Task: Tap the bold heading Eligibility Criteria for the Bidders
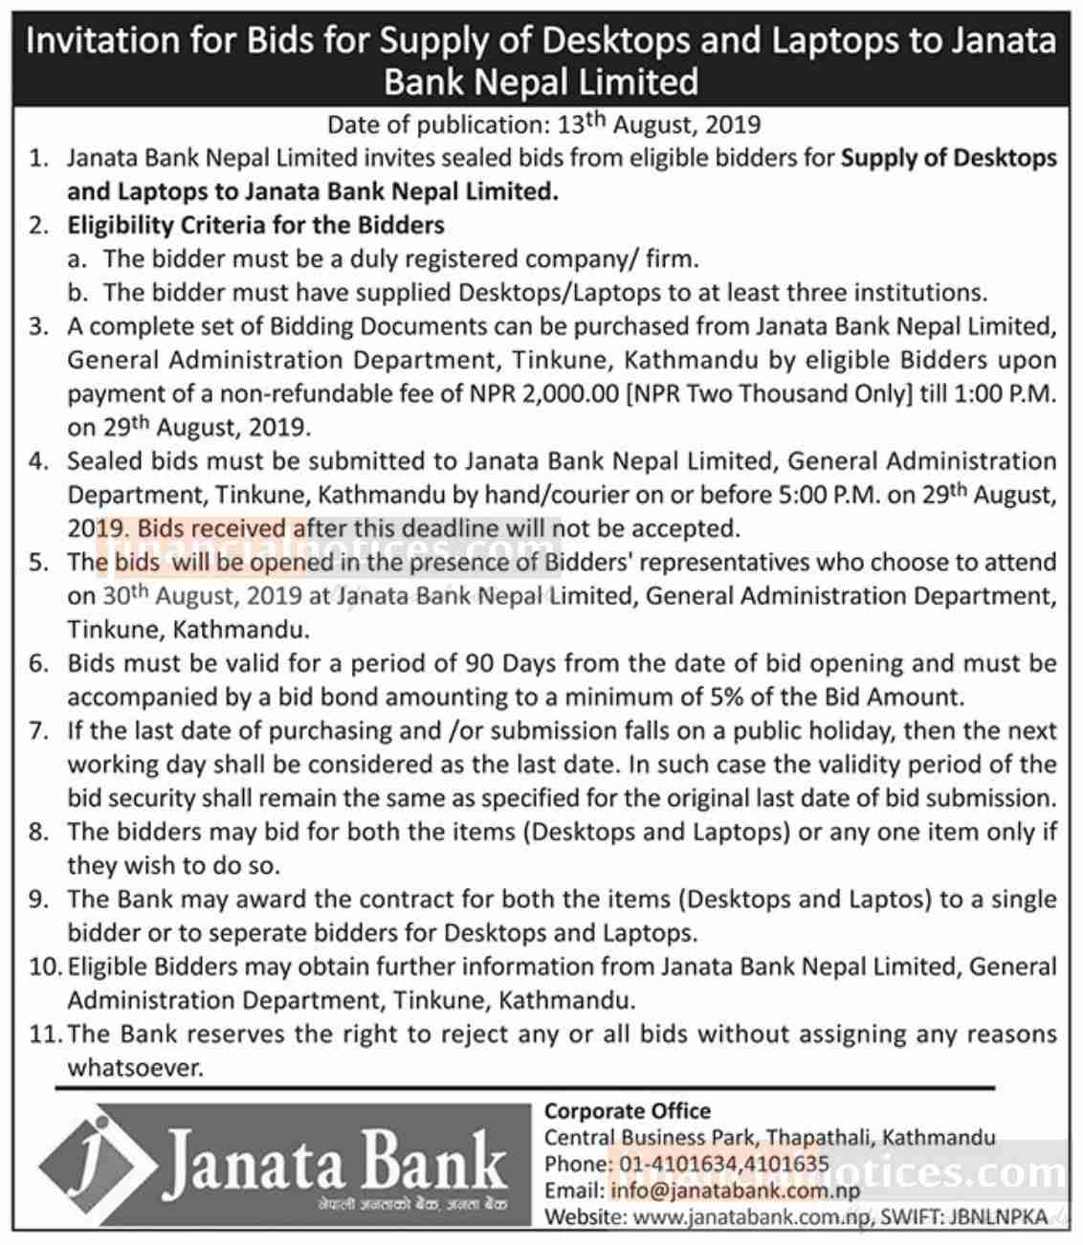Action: pyautogui.click(x=255, y=226)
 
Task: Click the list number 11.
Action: pyautogui.click(x=43, y=1034)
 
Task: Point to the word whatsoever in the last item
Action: pyautogui.click(x=135, y=1068)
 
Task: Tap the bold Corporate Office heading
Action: pyautogui.click(x=628, y=1112)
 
